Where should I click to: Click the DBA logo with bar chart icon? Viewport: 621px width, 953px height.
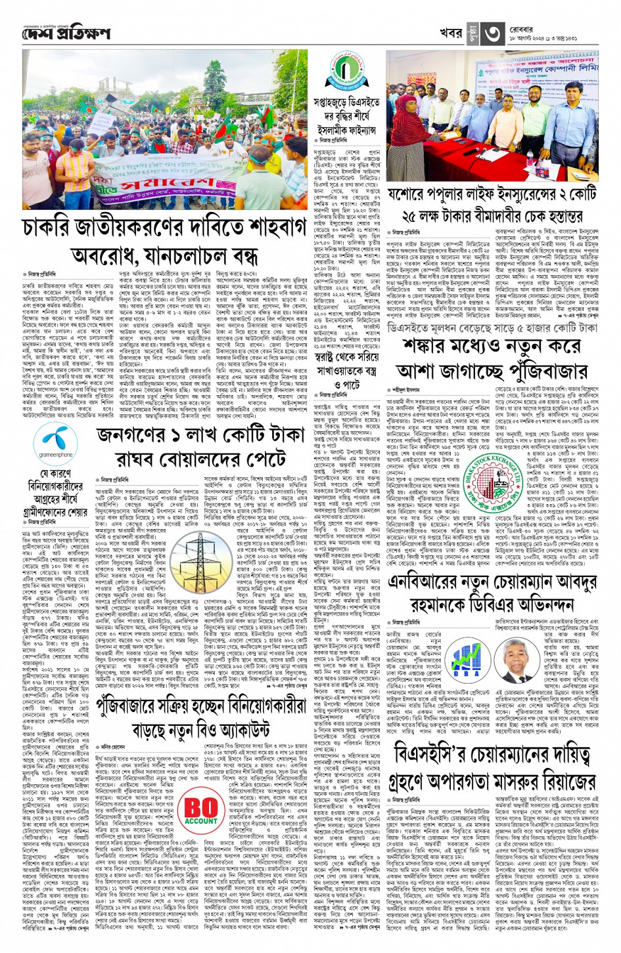467,667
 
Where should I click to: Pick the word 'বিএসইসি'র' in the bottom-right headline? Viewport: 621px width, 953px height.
428,754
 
